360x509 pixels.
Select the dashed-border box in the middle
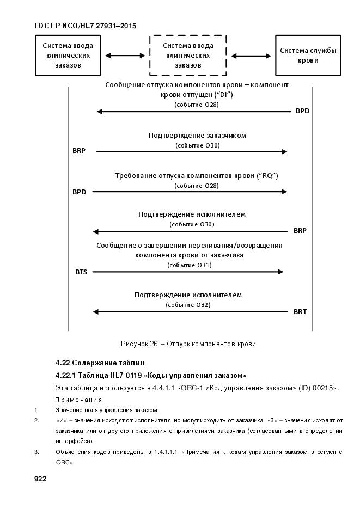[188, 56]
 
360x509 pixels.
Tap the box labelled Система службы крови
[308, 56]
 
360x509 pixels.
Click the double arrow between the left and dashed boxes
[125, 56]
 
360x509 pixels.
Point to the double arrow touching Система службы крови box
[251, 56]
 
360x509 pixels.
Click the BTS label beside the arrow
[81, 272]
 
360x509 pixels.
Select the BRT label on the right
[300, 312]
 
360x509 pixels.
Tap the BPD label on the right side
[302, 112]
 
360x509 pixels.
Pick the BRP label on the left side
[79, 151]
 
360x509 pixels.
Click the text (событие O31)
[189, 265]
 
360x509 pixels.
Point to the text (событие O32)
[188, 305]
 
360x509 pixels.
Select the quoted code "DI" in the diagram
[223, 95]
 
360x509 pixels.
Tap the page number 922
[40, 479]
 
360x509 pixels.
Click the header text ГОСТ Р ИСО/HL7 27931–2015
[85, 26]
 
